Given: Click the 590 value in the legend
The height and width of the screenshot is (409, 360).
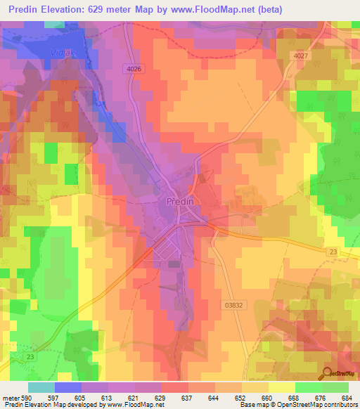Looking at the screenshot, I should tap(27, 398).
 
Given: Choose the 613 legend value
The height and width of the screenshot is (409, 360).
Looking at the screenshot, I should tap(107, 398).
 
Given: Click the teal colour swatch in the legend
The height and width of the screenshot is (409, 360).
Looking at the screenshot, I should tap(41, 387).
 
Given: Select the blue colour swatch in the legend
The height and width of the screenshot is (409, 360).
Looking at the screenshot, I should tap(68, 387).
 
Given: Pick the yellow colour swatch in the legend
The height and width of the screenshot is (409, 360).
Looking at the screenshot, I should tap(282, 387).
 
